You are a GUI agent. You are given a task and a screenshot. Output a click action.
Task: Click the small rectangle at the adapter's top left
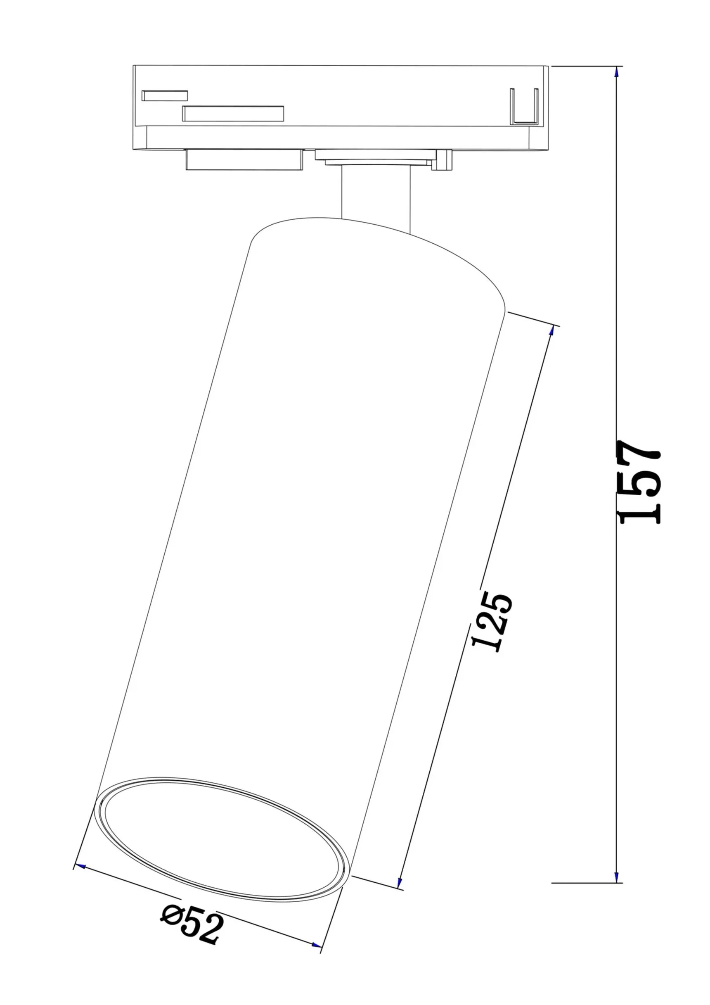tap(164, 95)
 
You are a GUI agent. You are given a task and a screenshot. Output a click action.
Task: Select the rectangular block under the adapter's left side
tap(244, 159)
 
